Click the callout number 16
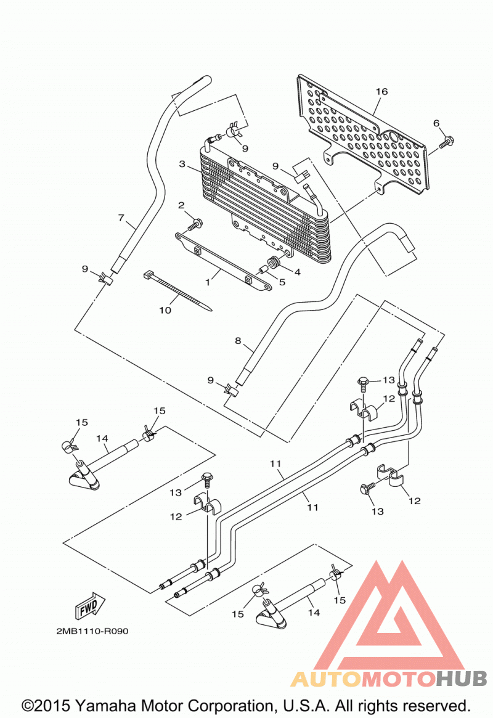pyautogui.click(x=381, y=92)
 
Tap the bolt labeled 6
pyautogui.click(x=446, y=142)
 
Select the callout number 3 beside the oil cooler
pyautogui.click(x=182, y=164)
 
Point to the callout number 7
pyautogui.click(x=121, y=218)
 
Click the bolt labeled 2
pyautogui.click(x=195, y=225)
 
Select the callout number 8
pyautogui.click(x=238, y=341)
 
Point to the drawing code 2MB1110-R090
pyautogui.click(x=92, y=631)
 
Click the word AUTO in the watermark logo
pyautogui.click(x=326, y=679)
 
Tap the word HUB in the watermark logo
pyautogui.click(x=462, y=679)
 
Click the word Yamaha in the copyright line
pyautogui.click(x=107, y=706)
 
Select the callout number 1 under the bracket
pyautogui.click(x=207, y=282)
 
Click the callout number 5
pyautogui.click(x=282, y=282)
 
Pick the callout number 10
pyautogui.click(x=165, y=311)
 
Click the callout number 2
pyautogui.click(x=181, y=205)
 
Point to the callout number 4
pyautogui.click(x=298, y=272)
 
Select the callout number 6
pyautogui.click(x=436, y=123)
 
